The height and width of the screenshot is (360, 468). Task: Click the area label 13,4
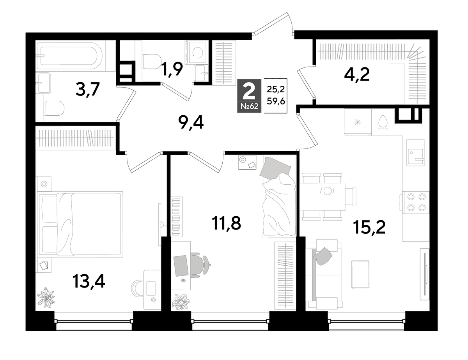click(89, 282)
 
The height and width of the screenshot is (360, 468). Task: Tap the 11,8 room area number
click(226, 223)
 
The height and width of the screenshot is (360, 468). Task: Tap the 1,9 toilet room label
click(172, 69)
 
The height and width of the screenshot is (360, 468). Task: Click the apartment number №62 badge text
click(249, 106)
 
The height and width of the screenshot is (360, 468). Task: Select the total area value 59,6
click(276, 101)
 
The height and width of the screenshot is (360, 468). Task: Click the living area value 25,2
click(276, 89)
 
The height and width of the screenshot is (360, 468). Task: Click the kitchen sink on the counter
click(415, 152)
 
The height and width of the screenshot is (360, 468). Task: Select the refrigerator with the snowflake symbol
click(358, 122)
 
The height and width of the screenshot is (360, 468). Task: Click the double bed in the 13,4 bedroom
click(80, 224)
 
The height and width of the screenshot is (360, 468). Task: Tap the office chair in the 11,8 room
click(200, 265)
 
